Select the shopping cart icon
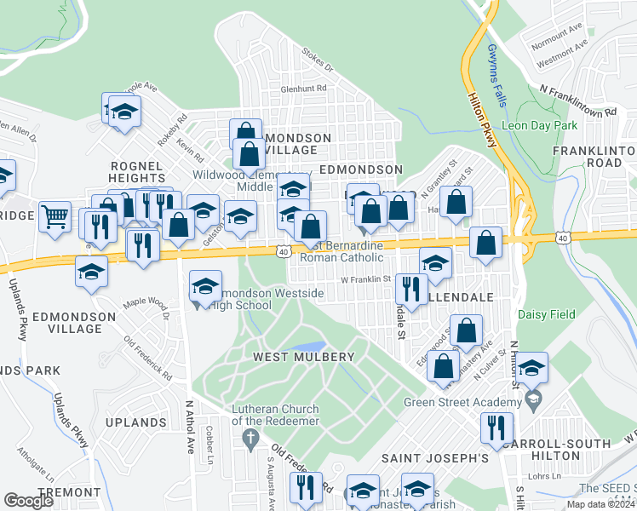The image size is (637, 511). [x=55, y=215]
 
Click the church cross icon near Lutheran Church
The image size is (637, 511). [x=250, y=439]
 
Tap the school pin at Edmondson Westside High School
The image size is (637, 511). [x=205, y=287]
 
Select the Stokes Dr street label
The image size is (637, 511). [x=317, y=62]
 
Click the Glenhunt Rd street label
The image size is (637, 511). [x=303, y=88]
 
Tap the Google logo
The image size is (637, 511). [x=29, y=500]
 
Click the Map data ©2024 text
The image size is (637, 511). [x=600, y=504]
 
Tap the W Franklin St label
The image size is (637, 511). [x=364, y=278]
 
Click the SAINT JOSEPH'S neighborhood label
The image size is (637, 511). [x=434, y=458]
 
